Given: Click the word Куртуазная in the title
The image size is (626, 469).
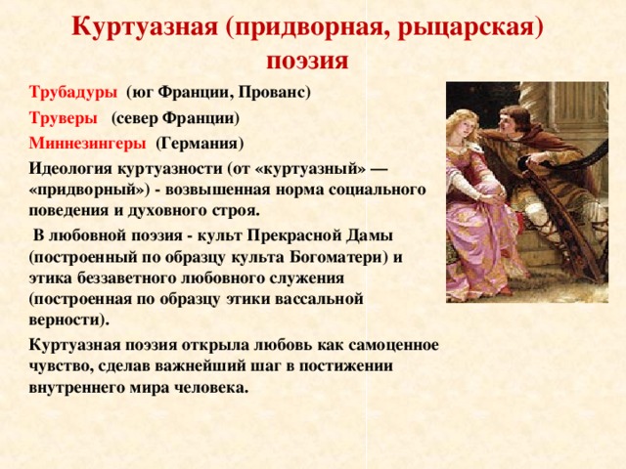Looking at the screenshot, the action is (146, 27).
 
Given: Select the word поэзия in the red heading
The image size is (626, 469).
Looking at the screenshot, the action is (307, 62).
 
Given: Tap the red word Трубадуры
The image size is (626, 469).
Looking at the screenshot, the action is (73, 92).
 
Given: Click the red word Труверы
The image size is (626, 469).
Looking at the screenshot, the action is (63, 118).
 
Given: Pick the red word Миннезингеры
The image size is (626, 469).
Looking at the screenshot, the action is (87, 143).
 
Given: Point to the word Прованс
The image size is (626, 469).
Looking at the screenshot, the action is (274, 93).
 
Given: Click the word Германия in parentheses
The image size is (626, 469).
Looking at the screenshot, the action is (200, 144).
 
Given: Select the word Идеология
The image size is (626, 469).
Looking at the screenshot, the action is (70, 168).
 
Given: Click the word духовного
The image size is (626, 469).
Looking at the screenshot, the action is (167, 211).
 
